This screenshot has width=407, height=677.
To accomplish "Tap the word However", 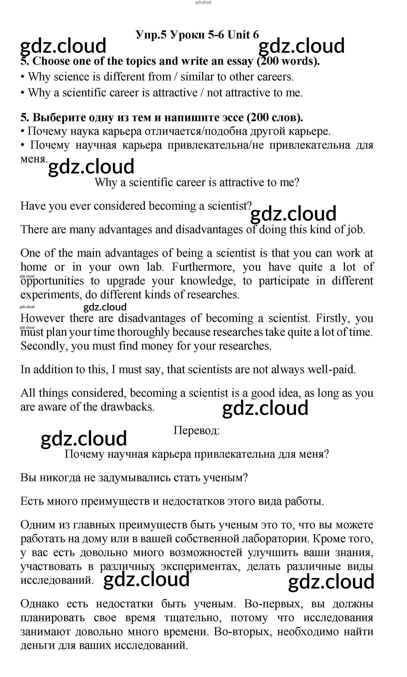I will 42,318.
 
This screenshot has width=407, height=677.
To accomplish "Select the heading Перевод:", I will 196,431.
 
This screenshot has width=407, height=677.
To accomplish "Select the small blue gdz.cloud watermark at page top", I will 203,2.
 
